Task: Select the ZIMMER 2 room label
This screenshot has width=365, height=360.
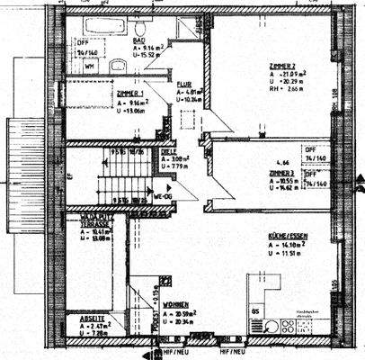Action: pos(282,67)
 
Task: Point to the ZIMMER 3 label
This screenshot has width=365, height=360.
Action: pos(282,171)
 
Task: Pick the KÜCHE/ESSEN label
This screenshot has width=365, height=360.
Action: pos(289,235)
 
